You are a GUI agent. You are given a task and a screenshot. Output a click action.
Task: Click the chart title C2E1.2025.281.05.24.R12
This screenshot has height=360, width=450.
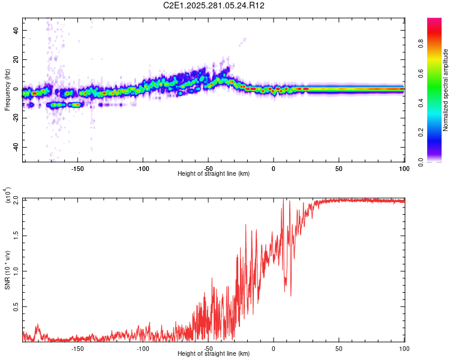[x=223, y=5]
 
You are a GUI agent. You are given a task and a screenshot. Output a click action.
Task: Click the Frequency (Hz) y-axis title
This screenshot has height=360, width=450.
[x=7, y=89]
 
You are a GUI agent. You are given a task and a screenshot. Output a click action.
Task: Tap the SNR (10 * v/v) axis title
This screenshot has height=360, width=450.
[x=7, y=269]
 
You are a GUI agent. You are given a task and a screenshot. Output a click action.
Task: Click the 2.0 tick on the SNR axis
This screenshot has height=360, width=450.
[x=15, y=200]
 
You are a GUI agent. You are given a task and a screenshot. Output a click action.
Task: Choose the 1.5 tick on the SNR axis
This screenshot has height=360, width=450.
[x=15, y=235]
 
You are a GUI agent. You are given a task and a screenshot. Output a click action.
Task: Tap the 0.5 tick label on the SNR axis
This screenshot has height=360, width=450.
[x=15, y=306]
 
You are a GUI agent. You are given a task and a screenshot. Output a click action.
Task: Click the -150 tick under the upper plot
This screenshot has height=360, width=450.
[x=77, y=168]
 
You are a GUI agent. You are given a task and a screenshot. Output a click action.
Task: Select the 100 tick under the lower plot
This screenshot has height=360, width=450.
[x=403, y=348]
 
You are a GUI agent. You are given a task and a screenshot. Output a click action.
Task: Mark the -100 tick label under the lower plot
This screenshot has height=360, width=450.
[x=142, y=348]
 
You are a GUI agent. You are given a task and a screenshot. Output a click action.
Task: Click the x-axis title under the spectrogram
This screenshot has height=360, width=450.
[x=214, y=174]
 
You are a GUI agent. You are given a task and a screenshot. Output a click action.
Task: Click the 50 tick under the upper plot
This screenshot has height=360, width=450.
[x=338, y=168]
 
